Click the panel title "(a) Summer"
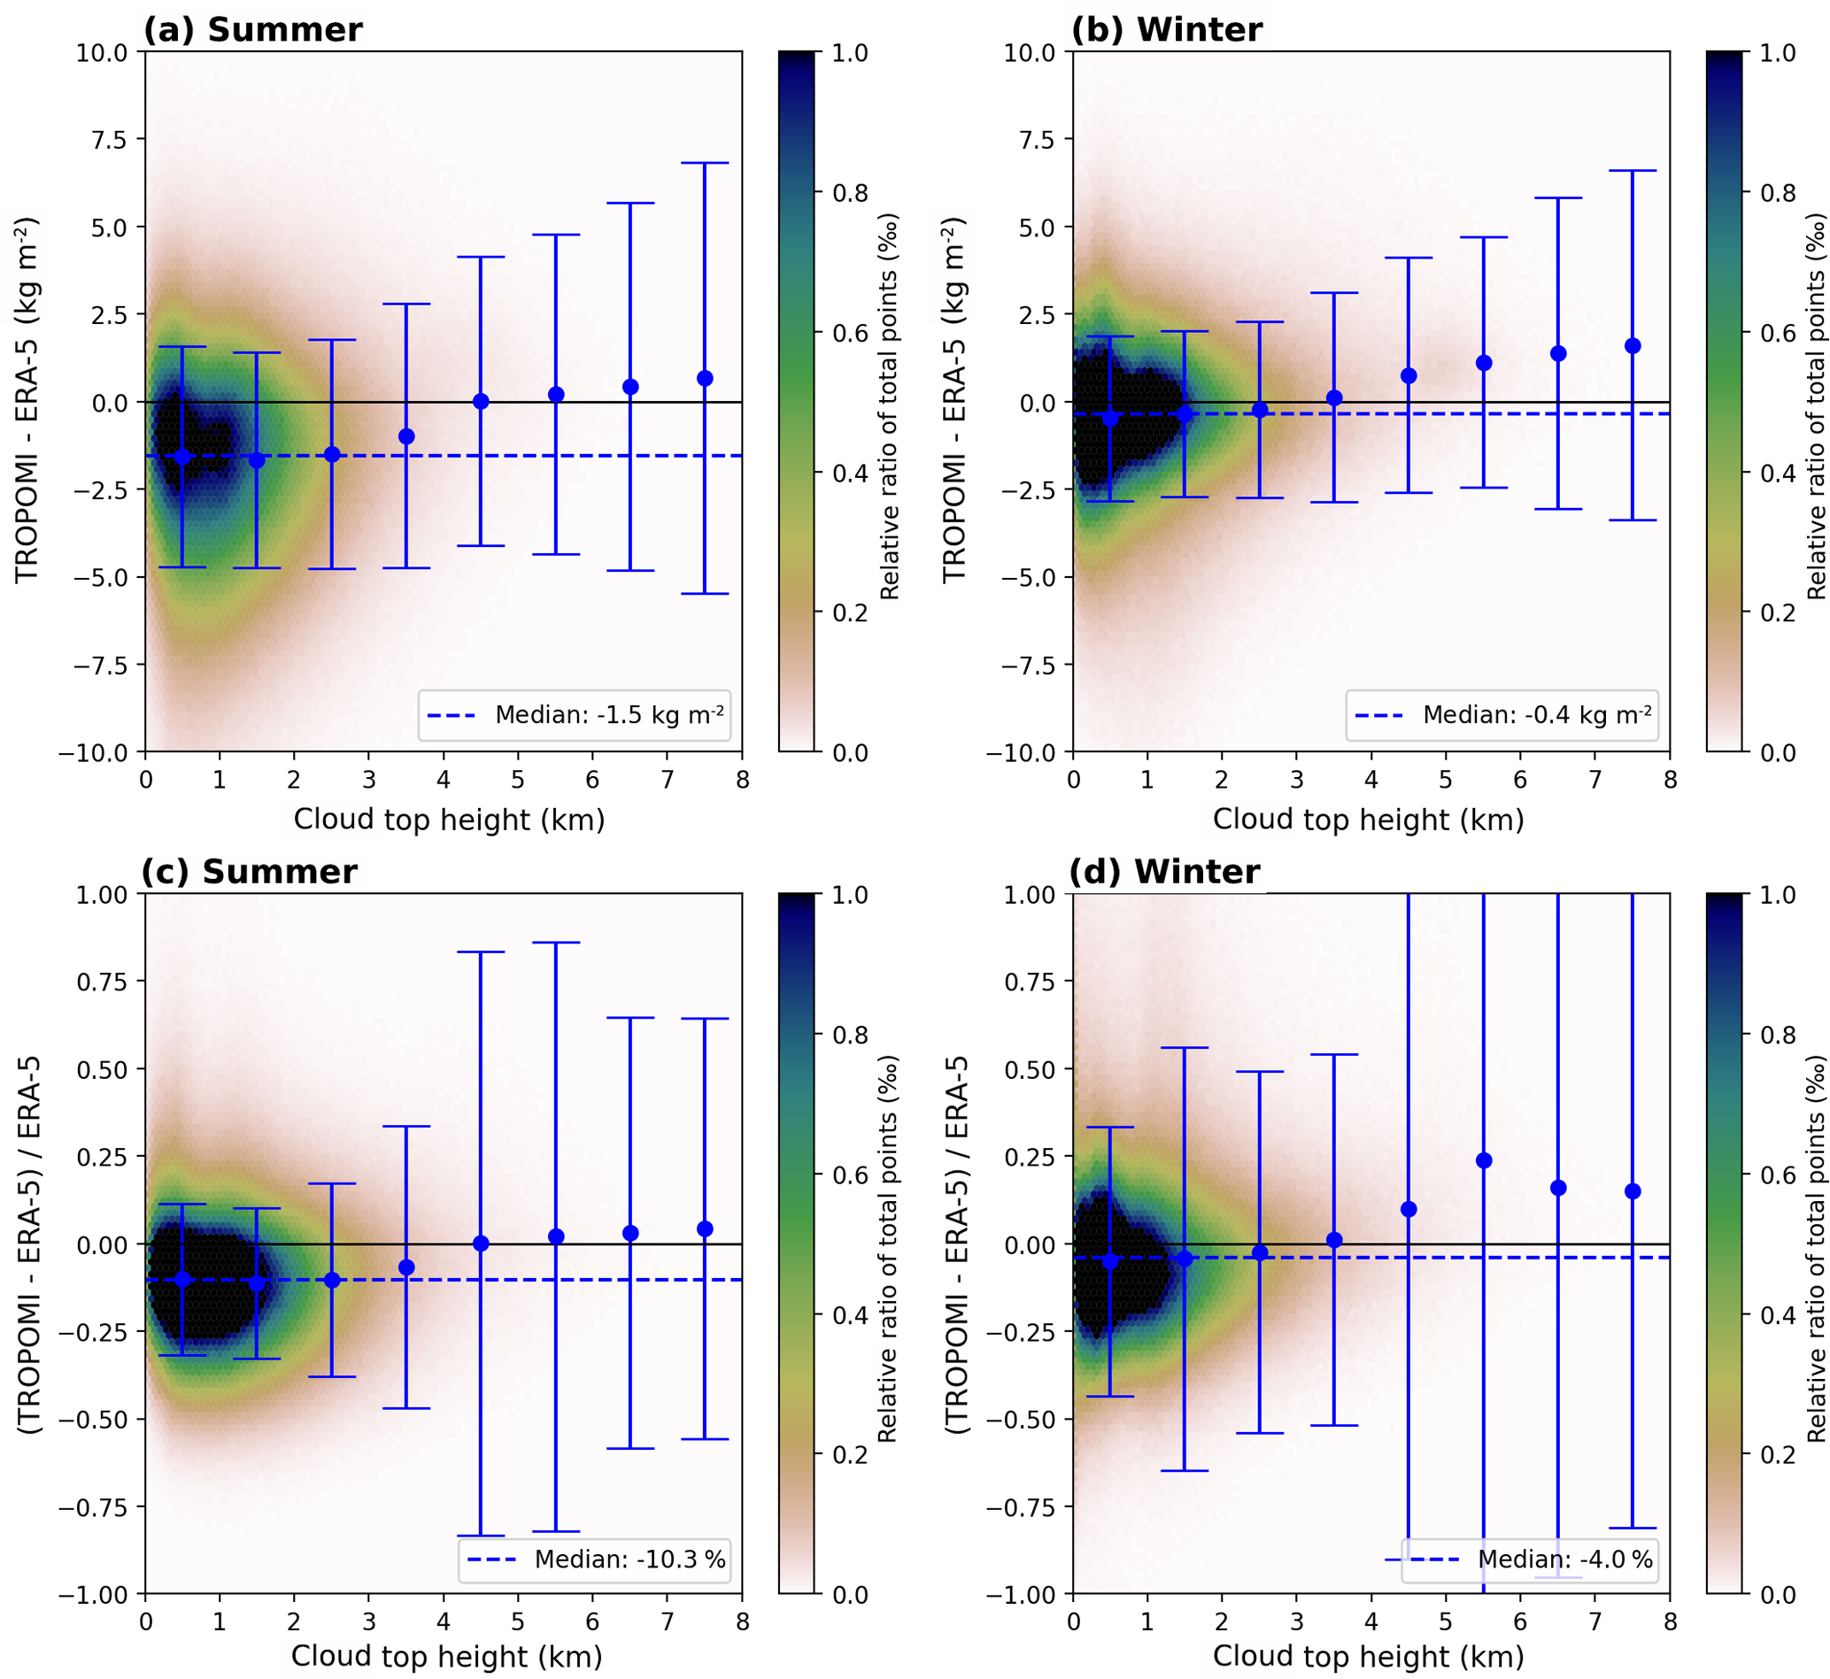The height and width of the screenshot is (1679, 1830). [252, 30]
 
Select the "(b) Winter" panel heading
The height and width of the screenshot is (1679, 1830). [1167, 30]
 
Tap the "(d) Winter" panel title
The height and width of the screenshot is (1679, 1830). [1164, 872]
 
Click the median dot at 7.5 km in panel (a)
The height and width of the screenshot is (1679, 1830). [705, 378]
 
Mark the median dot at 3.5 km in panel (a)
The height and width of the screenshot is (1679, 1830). [406, 437]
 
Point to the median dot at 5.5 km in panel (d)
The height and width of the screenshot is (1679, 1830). [1484, 1160]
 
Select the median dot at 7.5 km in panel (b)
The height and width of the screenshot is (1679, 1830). [1633, 345]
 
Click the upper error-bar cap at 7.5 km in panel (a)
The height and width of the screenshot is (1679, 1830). [705, 163]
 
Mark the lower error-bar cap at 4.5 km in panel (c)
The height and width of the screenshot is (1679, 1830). [481, 1536]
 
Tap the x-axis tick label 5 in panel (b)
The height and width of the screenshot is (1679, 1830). [1446, 781]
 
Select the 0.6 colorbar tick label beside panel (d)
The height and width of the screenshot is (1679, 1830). [1777, 1175]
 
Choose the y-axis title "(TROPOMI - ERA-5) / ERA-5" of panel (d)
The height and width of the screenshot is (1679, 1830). [955, 1244]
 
